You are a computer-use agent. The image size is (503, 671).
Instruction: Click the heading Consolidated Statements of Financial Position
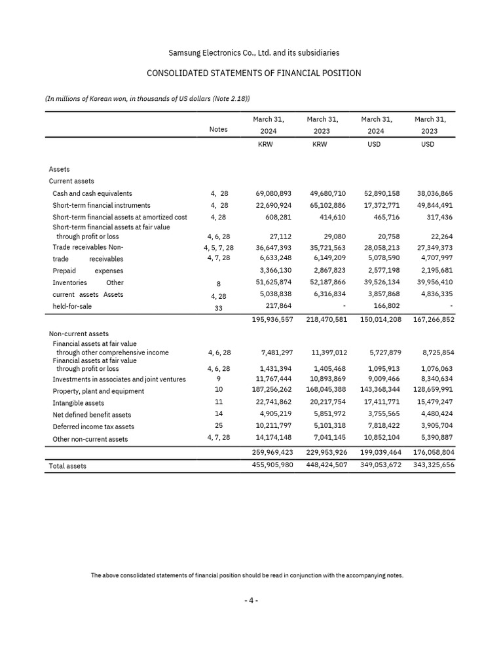point(253,73)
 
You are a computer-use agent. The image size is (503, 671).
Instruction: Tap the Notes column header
point(218,130)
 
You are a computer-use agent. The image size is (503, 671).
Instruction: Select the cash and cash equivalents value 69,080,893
point(273,194)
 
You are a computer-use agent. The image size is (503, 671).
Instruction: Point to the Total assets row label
point(67,466)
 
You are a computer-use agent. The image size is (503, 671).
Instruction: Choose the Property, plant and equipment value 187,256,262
point(272,391)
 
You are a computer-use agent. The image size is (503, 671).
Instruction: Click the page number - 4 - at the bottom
point(251,601)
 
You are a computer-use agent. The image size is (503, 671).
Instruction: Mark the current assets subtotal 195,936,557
point(272,319)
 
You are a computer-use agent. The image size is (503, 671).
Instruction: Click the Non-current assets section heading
point(79,334)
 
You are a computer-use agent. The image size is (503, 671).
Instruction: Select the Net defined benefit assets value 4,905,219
point(276,414)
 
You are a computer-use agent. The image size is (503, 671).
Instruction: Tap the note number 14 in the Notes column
point(219,414)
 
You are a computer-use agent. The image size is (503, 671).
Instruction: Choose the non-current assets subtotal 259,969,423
point(272,452)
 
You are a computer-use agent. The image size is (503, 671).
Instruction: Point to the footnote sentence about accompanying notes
point(247,576)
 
